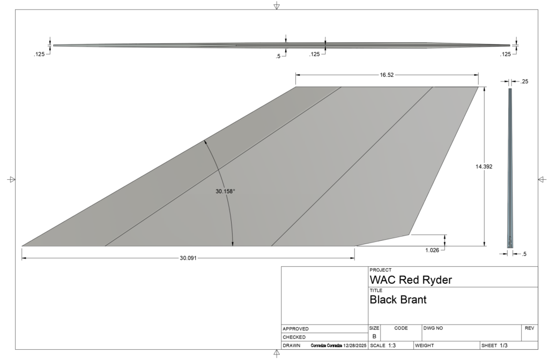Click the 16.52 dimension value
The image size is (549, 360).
(x=387, y=75)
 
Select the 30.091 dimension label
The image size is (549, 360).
(x=188, y=258)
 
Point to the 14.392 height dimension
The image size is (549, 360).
(x=484, y=167)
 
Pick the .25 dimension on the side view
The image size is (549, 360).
(x=524, y=82)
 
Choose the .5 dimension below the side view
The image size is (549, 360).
(x=524, y=254)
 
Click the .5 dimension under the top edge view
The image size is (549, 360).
(x=278, y=56)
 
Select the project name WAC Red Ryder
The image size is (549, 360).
(x=411, y=280)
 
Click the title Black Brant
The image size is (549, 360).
(x=398, y=300)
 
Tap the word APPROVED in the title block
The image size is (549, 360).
(x=295, y=329)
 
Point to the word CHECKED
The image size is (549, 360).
(x=294, y=337)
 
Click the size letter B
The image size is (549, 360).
(x=374, y=336)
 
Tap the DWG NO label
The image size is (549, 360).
(x=433, y=328)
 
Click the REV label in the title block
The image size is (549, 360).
(x=529, y=328)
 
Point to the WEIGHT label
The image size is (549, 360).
(x=424, y=346)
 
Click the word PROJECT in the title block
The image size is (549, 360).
(x=381, y=270)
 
